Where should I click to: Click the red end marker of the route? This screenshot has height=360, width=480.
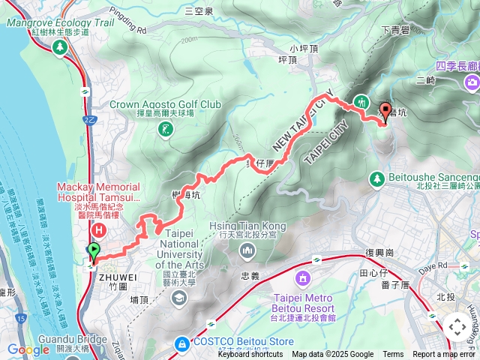(x=386, y=112)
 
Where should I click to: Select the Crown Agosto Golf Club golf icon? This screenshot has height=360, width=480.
(x=165, y=130)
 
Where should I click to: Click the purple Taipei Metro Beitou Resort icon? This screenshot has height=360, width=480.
(x=302, y=279)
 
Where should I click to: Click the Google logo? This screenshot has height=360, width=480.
(x=28, y=349)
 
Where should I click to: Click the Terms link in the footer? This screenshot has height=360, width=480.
(x=393, y=355)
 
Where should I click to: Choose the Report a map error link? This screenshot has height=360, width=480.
(x=445, y=355)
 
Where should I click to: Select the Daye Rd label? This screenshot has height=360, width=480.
(x=424, y=265)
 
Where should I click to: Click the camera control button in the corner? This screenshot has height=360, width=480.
(x=457, y=327)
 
